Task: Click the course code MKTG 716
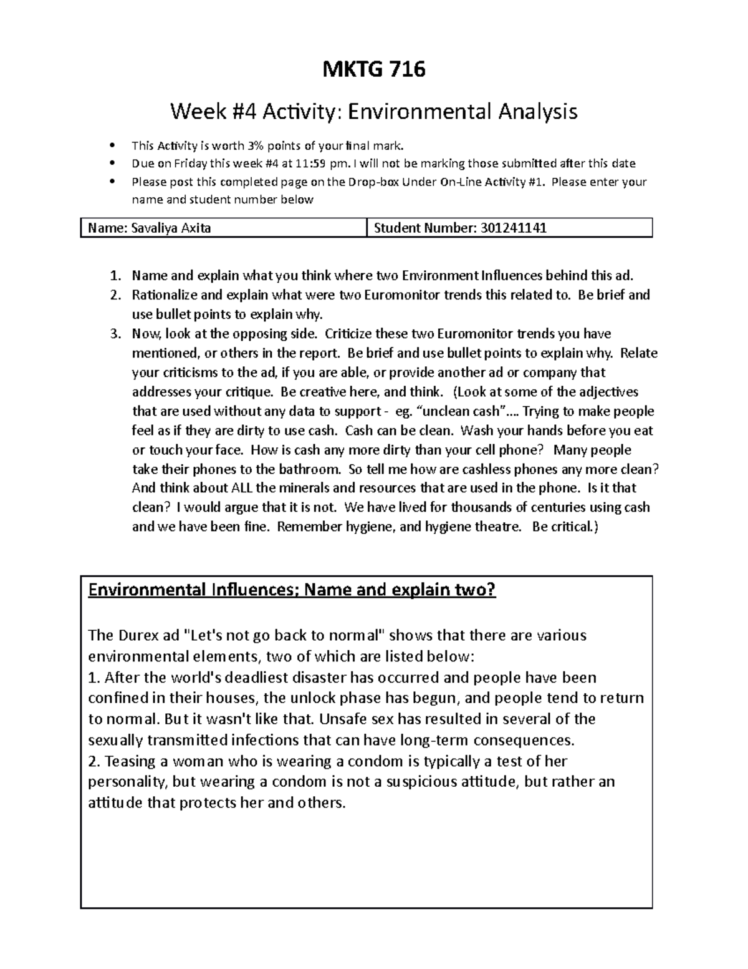coord(373,69)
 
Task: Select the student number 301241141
coord(513,228)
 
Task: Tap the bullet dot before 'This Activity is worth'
coord(112,147)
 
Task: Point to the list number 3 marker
coord(115,334)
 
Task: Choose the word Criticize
coord(353,334)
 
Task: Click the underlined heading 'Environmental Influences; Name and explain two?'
coord(292,590)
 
